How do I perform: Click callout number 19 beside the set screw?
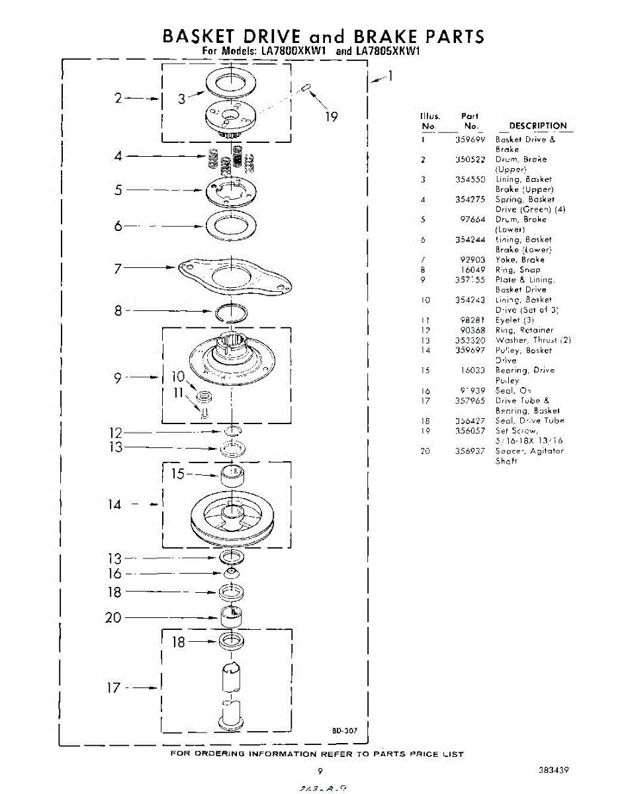pyautogui.click(x=332, y=116)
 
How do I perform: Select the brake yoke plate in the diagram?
pyautogui.click(x=232, y=272)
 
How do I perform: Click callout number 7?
pyautogui.click(x=118, y=268)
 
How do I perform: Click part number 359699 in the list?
pyautogui.click(x=471, y=140)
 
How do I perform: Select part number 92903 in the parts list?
pyautogui.click(x=472, y=260)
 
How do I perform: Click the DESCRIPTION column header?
pyautogui.click(x=537, y=126)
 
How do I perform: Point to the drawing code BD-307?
pyautogui.click(x=345, y=730)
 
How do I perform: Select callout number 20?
pyautogui.click(x=113, y=617)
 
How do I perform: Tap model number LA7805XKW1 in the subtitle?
pyautogui.click(x=388, y=51)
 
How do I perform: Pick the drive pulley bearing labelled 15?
pyautogui.click(x=232, y=475)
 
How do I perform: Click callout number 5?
pyautogui.click(x=118, y=190)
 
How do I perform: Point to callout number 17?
pyautogui.click(x=113, y=687)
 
